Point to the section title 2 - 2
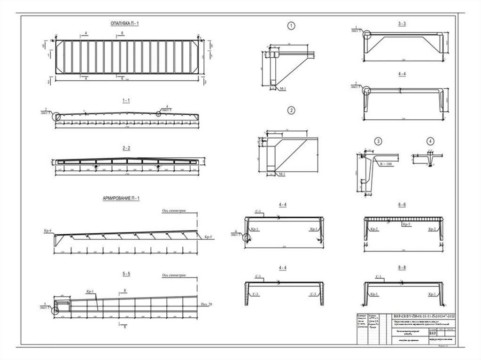[126, 148]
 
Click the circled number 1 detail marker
[292, 26]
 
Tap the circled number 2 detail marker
[292, 111]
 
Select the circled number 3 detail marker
[378, 141]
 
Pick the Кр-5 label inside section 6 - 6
[405, 225]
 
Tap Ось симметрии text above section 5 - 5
[172, 276]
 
